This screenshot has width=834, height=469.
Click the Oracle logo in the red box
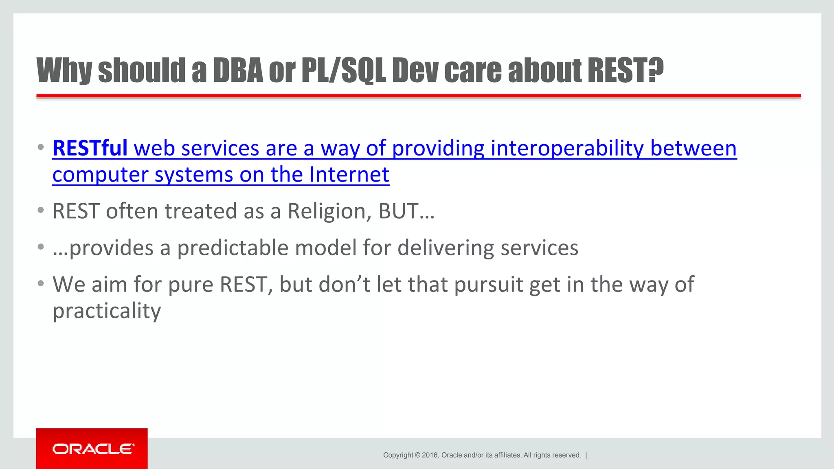[x=93, y=449]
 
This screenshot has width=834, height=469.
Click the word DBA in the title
[x=238, y=70]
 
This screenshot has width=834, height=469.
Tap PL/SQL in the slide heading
[x=343, y=70]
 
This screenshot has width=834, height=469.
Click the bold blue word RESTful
[x=90, y=148]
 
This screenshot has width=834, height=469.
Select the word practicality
[x=107, y=311]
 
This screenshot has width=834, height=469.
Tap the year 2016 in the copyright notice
[x=430, y=455]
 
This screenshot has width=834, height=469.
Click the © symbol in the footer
[x=417, y=455]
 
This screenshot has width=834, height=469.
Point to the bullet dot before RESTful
[x=40, y=147]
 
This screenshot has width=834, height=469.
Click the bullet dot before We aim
[x=40, y=284]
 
